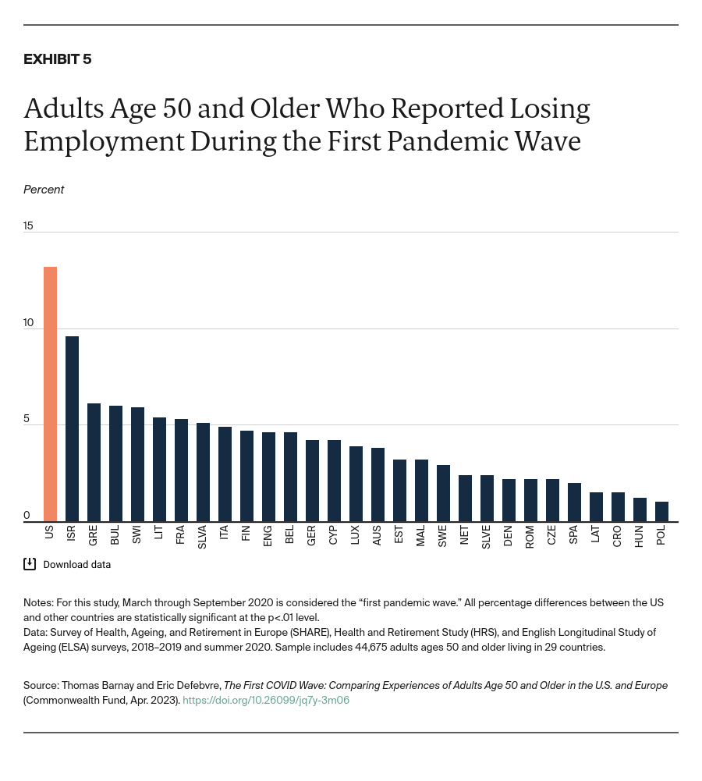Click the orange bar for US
pyautogui.click(x=50, y=394)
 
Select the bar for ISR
pyautogui.click(x=72, y=428)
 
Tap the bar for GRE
pyautogui.click(x=94, y=462)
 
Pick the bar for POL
pyautogui.click(x=661, y=512)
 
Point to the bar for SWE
pyautogui.click(x=443, y=493)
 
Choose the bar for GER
pyautogui.click(x=312, y=481)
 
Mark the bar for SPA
pyautogui.click(x=574, y=502)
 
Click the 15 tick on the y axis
pyautogui.click(x=28, y=225)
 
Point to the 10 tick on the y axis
pyautogui.click(x=28, y=322)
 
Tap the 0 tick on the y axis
pyautogui.click(x=27, y=515)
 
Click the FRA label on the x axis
pyautogui.click(x=181, y=534)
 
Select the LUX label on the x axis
pyautogui.click(x=356, y=535)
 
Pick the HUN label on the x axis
pyautogui.click(x=640, y=536)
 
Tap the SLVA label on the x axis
pyautogui.click(x=203, y=538)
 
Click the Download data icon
pyautogui.click(x=30, y=564)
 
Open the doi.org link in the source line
pyautogui.click(x=265, y=700)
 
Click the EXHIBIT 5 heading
pyautogui.click(x=57, y=59)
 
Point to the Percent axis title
pyautogui.click(x=44, y=190)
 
